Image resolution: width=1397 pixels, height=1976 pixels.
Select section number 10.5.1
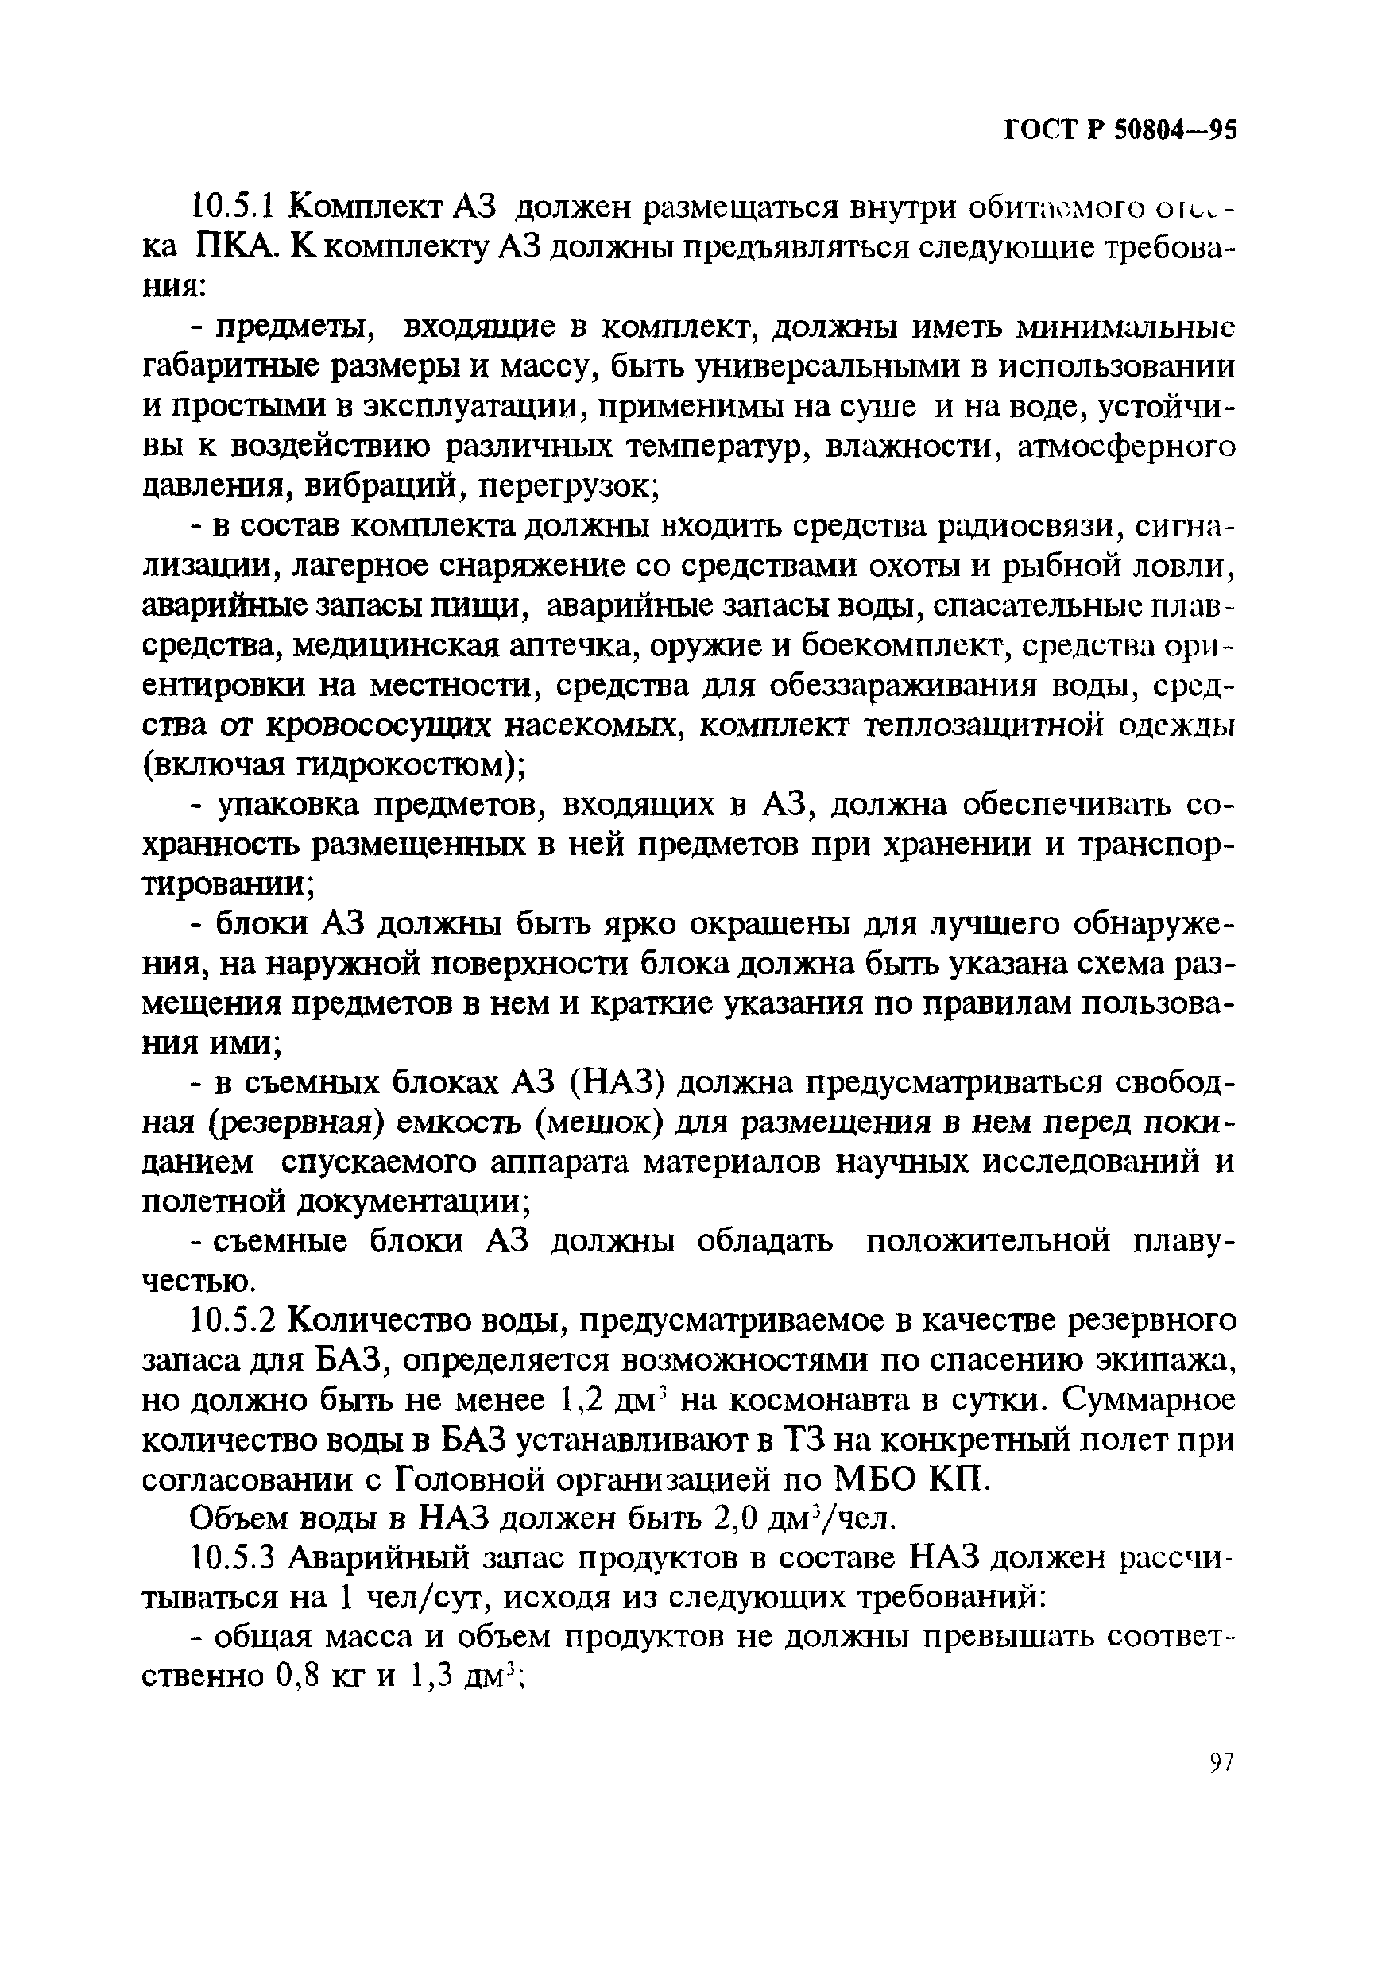(x=234, y=207)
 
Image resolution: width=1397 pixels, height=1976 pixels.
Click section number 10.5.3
(x=234, y=1558)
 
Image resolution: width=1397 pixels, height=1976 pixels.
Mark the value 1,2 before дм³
(x=579, y=1399)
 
